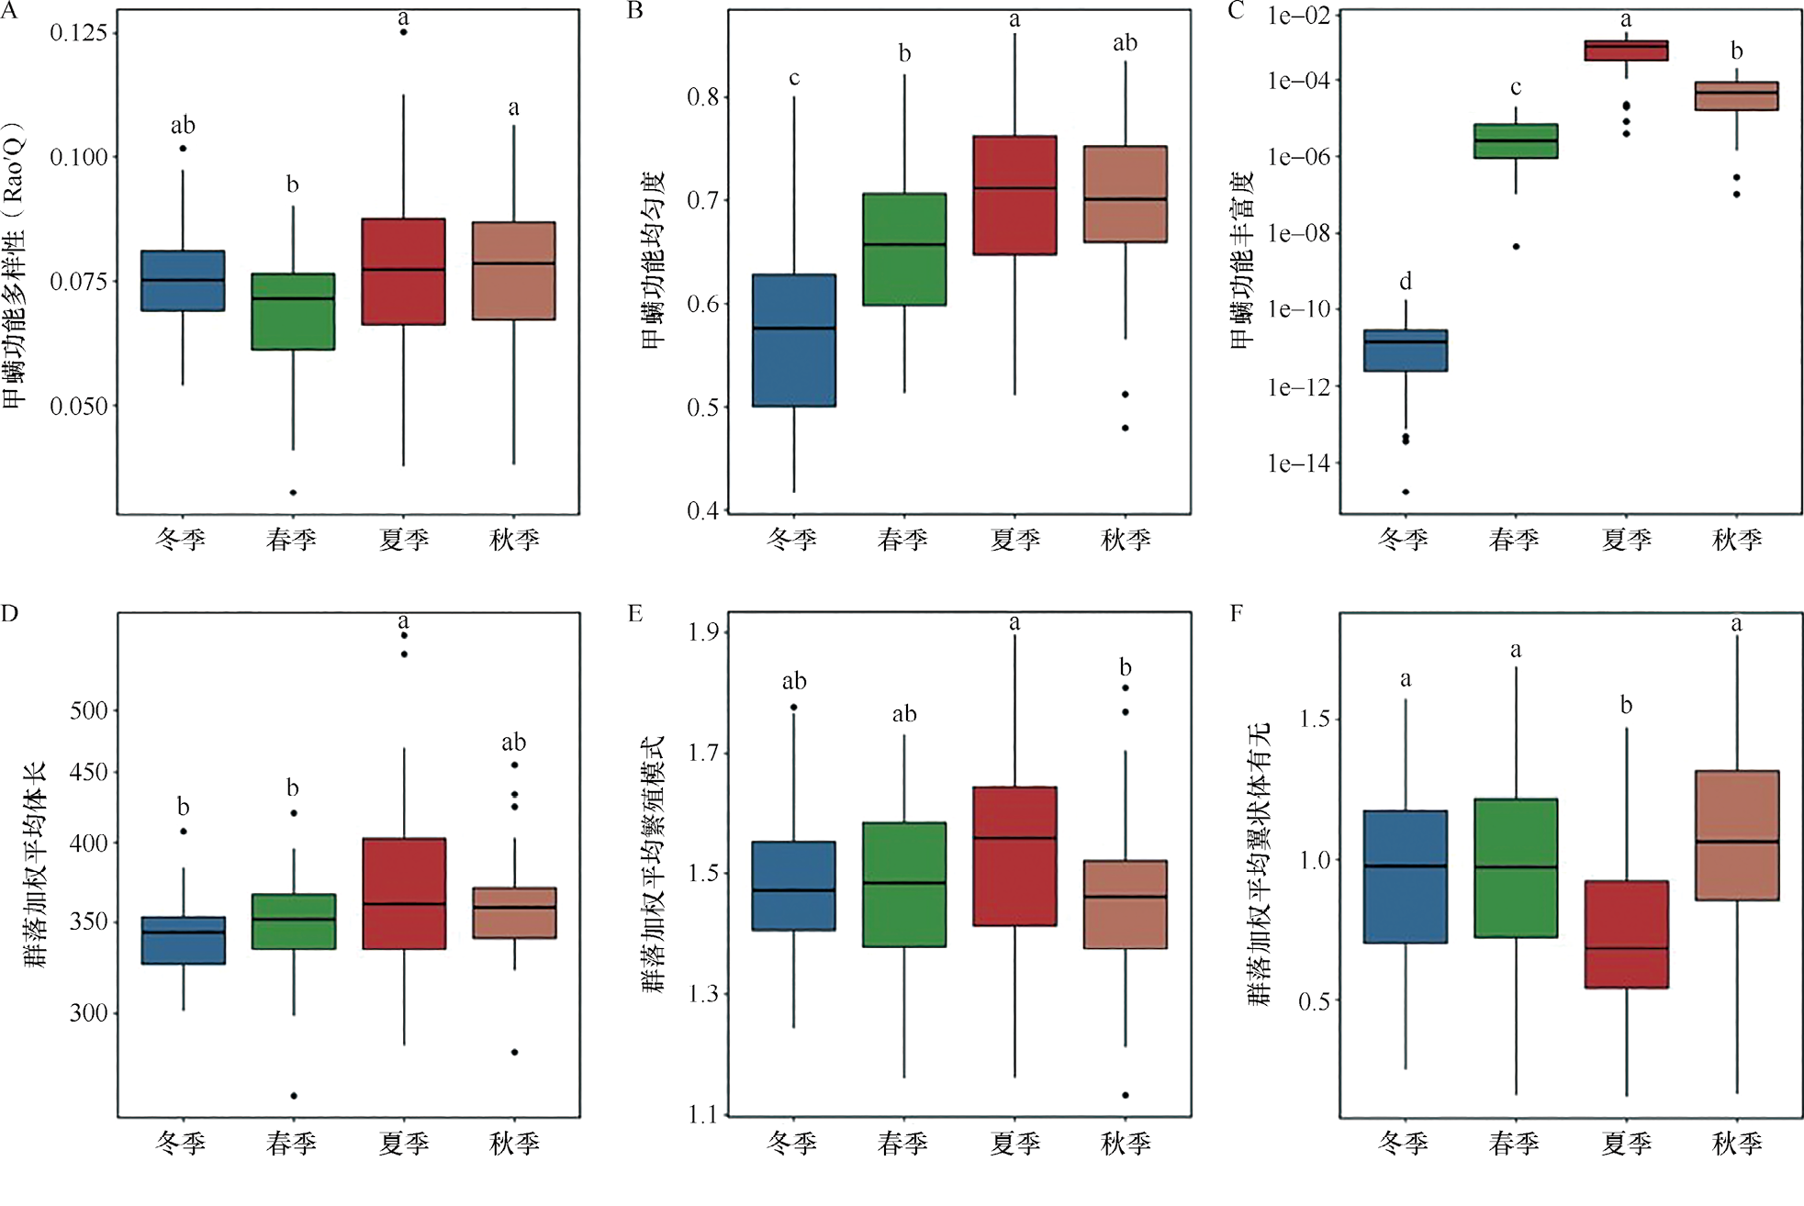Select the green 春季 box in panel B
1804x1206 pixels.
pyautogui.click(x=904, y=249)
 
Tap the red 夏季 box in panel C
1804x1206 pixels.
pyautogui.click(x=1626, y=50)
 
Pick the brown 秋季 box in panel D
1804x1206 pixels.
pyautogui.click(x=514, y=912)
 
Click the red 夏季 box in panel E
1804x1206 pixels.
pyautogui.click(x=1014, y=855)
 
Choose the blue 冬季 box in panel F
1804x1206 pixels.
pyautogui.click(x=1406, y=877)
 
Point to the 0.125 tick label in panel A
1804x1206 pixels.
pyautogui.click(x=79, y=33)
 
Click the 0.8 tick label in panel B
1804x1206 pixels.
pyautogui.click(x=703, y=97)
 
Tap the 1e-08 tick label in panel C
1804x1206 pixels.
pyautogui.click(x=1299, y=233)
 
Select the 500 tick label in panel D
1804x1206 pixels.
pyautogui.click(x=89, y=710)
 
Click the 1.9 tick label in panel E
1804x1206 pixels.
pyautogui.click(x=703, y=632)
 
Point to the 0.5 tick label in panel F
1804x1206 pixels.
pyautogui.click(x=1314, y=1001)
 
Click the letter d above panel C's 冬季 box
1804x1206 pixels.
pyautogui.click(x=1406, y=281)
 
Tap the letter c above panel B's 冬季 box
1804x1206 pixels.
pyautogui.click(x=794, y=79)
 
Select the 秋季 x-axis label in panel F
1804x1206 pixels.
pyautogui.click(x=1737, y=1144)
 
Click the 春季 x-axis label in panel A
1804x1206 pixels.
pyautogui.click(x=292, y=540)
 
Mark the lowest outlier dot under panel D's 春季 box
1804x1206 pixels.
pyautogui.click(x=294, y=1096)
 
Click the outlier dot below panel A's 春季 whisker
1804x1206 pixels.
pyautogui.click(x=294, y=493)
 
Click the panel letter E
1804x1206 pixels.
pyautogui.click(x=634, y=613)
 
